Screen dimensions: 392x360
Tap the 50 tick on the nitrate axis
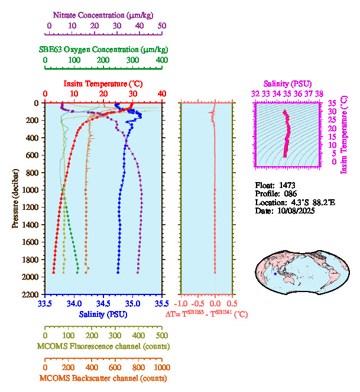pos(162,25)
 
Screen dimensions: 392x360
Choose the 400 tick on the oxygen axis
pos(161,60)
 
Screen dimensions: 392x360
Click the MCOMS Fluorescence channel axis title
pos(102,346)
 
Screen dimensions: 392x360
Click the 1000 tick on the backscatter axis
pos(161,367)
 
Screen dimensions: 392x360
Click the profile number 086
pos(289,193)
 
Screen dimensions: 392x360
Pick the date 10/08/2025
pos(296,210)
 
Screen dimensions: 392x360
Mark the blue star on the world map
pos(275,274)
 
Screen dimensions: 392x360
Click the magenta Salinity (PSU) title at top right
pos(287,84)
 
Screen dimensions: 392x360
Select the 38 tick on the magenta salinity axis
pos(319,93)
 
